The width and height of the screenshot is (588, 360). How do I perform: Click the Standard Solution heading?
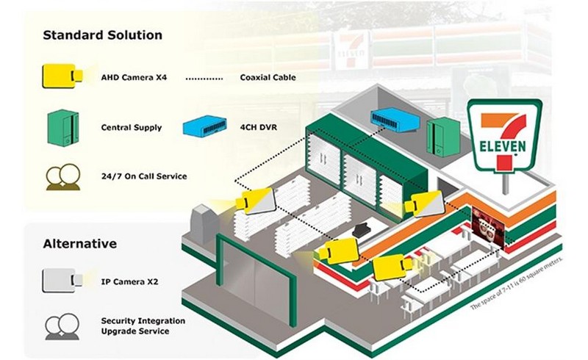[102, 35]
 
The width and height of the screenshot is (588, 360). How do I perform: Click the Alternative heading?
[80, 244]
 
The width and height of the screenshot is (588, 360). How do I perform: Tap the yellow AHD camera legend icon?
[62, 76]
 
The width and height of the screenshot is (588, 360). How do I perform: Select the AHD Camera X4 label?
[134, 78]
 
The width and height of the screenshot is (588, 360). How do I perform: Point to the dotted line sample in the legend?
[204, 79]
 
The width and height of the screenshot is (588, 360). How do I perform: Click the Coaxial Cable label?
[268, 78]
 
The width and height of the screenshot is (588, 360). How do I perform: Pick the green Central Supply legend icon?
[63, 128]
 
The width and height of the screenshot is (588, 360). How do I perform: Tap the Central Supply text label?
[132, 128]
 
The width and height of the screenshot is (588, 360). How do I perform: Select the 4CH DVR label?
[259, 128]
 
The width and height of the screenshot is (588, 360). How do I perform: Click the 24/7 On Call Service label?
[144, 176]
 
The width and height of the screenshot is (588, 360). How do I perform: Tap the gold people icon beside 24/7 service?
[63, 177]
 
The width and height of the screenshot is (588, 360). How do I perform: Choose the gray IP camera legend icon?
[62, 281]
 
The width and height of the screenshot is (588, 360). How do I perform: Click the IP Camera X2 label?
[130, 281]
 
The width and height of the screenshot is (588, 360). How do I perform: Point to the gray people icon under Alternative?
[62, 326]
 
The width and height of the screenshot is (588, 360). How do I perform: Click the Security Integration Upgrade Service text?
[143, 326]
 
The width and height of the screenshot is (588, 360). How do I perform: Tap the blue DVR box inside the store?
[395, 120]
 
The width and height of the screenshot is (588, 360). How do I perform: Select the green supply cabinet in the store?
[444, 137]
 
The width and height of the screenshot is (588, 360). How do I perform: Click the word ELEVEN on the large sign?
[503, 146]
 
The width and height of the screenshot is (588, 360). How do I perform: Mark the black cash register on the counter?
[362, 229]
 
